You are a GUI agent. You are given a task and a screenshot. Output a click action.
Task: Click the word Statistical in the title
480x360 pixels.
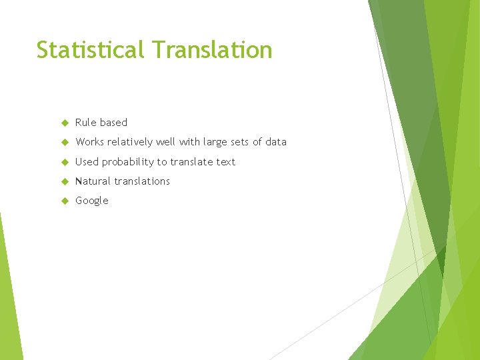coord(91,50)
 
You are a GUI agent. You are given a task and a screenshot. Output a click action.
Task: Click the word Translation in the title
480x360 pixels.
coord(211,50)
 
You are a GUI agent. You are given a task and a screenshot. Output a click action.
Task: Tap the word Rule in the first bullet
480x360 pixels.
coord(85,123)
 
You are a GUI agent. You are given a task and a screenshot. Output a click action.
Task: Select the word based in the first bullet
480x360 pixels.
coord(113,123)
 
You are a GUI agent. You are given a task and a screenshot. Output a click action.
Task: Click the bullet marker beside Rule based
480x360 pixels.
coord(65,123)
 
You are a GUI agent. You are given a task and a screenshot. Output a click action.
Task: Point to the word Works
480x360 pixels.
coord(90,142)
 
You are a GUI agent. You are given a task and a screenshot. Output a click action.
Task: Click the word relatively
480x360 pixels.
coord(131,142)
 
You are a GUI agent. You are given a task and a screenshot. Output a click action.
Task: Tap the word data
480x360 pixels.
coord(275,142)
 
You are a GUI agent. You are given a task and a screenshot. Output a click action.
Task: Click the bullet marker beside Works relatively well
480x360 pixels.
coord(65,142)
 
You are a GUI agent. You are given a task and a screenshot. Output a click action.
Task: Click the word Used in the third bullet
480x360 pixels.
coord(87,162)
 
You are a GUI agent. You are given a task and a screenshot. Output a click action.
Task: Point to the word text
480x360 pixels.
coord(225,162)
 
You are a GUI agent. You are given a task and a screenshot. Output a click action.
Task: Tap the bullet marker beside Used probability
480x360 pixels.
coord(65,162)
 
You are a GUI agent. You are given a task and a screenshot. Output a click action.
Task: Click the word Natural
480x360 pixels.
coord(93,181)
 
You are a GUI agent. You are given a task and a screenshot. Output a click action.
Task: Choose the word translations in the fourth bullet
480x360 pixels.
coord(142,181)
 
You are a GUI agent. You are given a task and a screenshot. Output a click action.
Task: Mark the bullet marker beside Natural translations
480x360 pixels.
coord(65,181)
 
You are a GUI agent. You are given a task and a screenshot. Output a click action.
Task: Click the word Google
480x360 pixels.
coord(92,201)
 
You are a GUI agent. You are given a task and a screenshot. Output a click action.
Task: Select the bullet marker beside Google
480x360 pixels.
coord(65,201)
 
